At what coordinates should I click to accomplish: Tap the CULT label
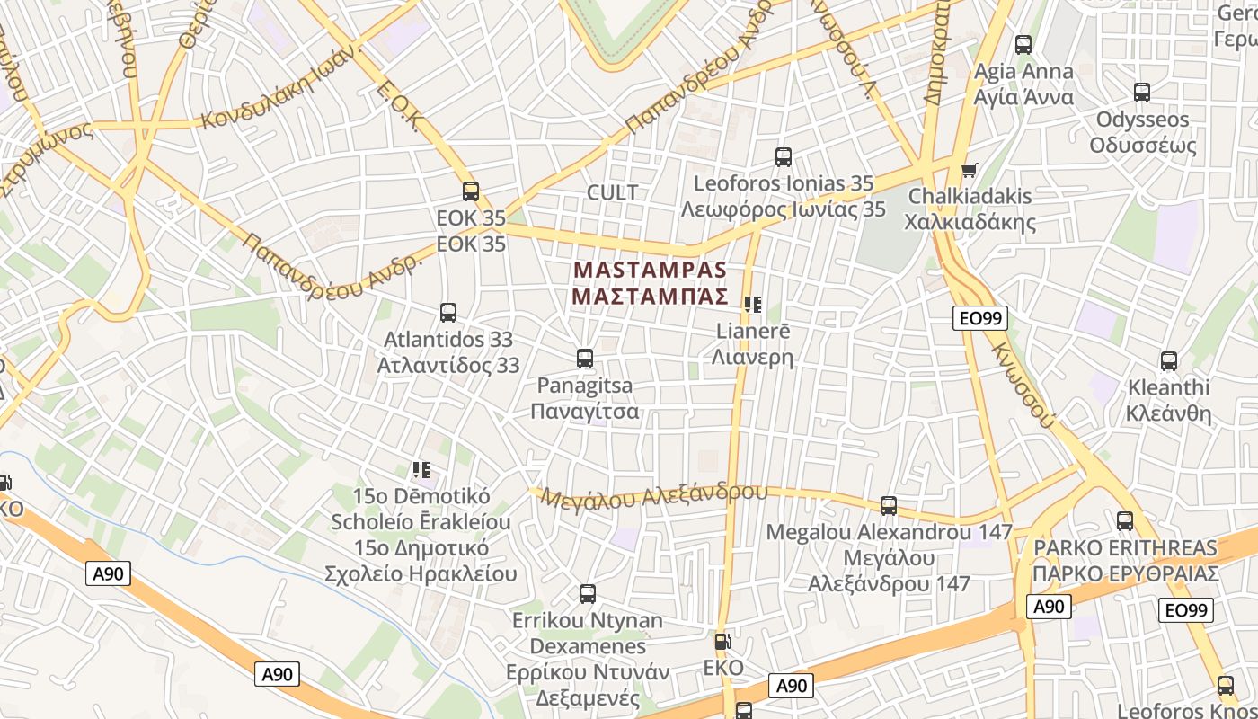pos(612,192)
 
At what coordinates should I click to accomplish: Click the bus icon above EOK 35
pos(471,191)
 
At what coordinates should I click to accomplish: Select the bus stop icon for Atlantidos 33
pos(448,313)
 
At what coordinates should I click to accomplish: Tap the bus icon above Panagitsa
pos(585,359)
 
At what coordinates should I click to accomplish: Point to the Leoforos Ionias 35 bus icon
pos(784,157)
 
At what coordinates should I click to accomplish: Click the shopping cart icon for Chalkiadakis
pos(969,170)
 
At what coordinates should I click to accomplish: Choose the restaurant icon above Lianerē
pos(753,305)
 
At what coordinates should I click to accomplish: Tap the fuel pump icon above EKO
pos(722,642)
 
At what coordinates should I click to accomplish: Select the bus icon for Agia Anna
pos(1023,45)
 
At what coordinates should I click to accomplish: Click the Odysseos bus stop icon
pos(1142,93)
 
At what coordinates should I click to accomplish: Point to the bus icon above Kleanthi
pos(1169,361)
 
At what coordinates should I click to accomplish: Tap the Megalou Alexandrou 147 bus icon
pos(889,506)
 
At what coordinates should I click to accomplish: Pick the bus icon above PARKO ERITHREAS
pos(1125,521)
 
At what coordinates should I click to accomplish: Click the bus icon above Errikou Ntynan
pos(588,594)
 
